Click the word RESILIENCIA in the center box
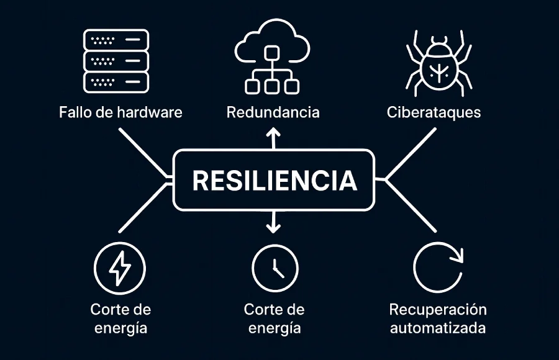pos(275,180)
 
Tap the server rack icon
pos(116,61)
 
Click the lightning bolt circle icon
pos(120,268)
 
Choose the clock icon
pos(275,268)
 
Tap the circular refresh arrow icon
pos(438,268)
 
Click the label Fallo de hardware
pos(120,113)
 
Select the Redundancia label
pos(273,113)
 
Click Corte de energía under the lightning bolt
pos(120,318)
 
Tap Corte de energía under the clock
pos(275,318)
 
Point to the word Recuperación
pos(438,309)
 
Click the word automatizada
pos(438,328)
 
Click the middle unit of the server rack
pos(116,61)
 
